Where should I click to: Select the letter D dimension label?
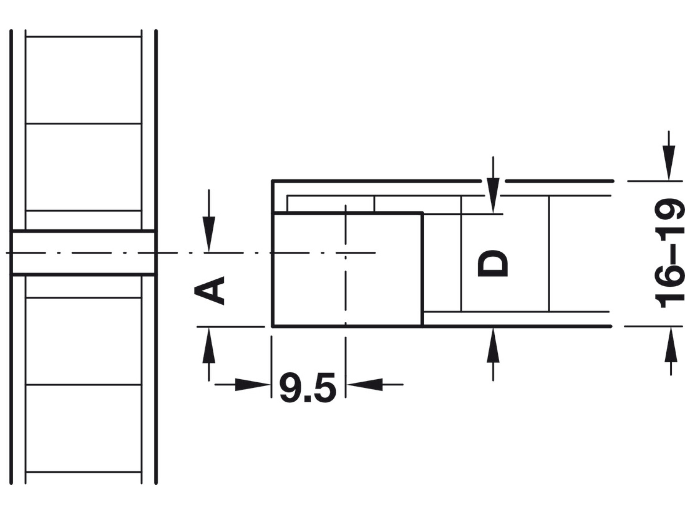493,263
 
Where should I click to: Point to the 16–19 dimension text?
668,253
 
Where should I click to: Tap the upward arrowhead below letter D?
493,345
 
